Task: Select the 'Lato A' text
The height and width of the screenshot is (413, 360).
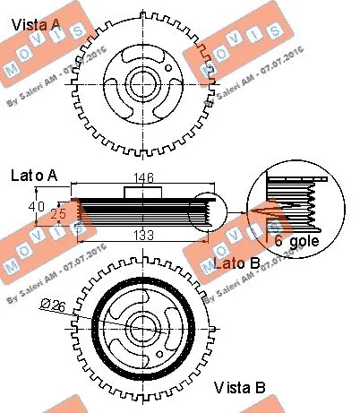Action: pyautogui.click(x=34, y=176)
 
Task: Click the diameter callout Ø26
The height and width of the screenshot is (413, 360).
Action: pyautogui.click(x=51, y=305)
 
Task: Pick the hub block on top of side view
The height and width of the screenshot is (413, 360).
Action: pyautogui.click(x=144, y=192)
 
